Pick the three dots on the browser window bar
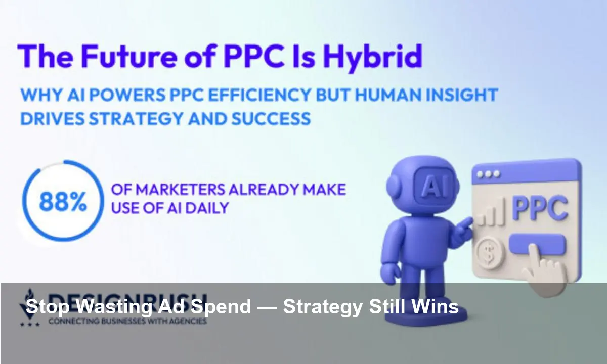click(488, 173)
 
